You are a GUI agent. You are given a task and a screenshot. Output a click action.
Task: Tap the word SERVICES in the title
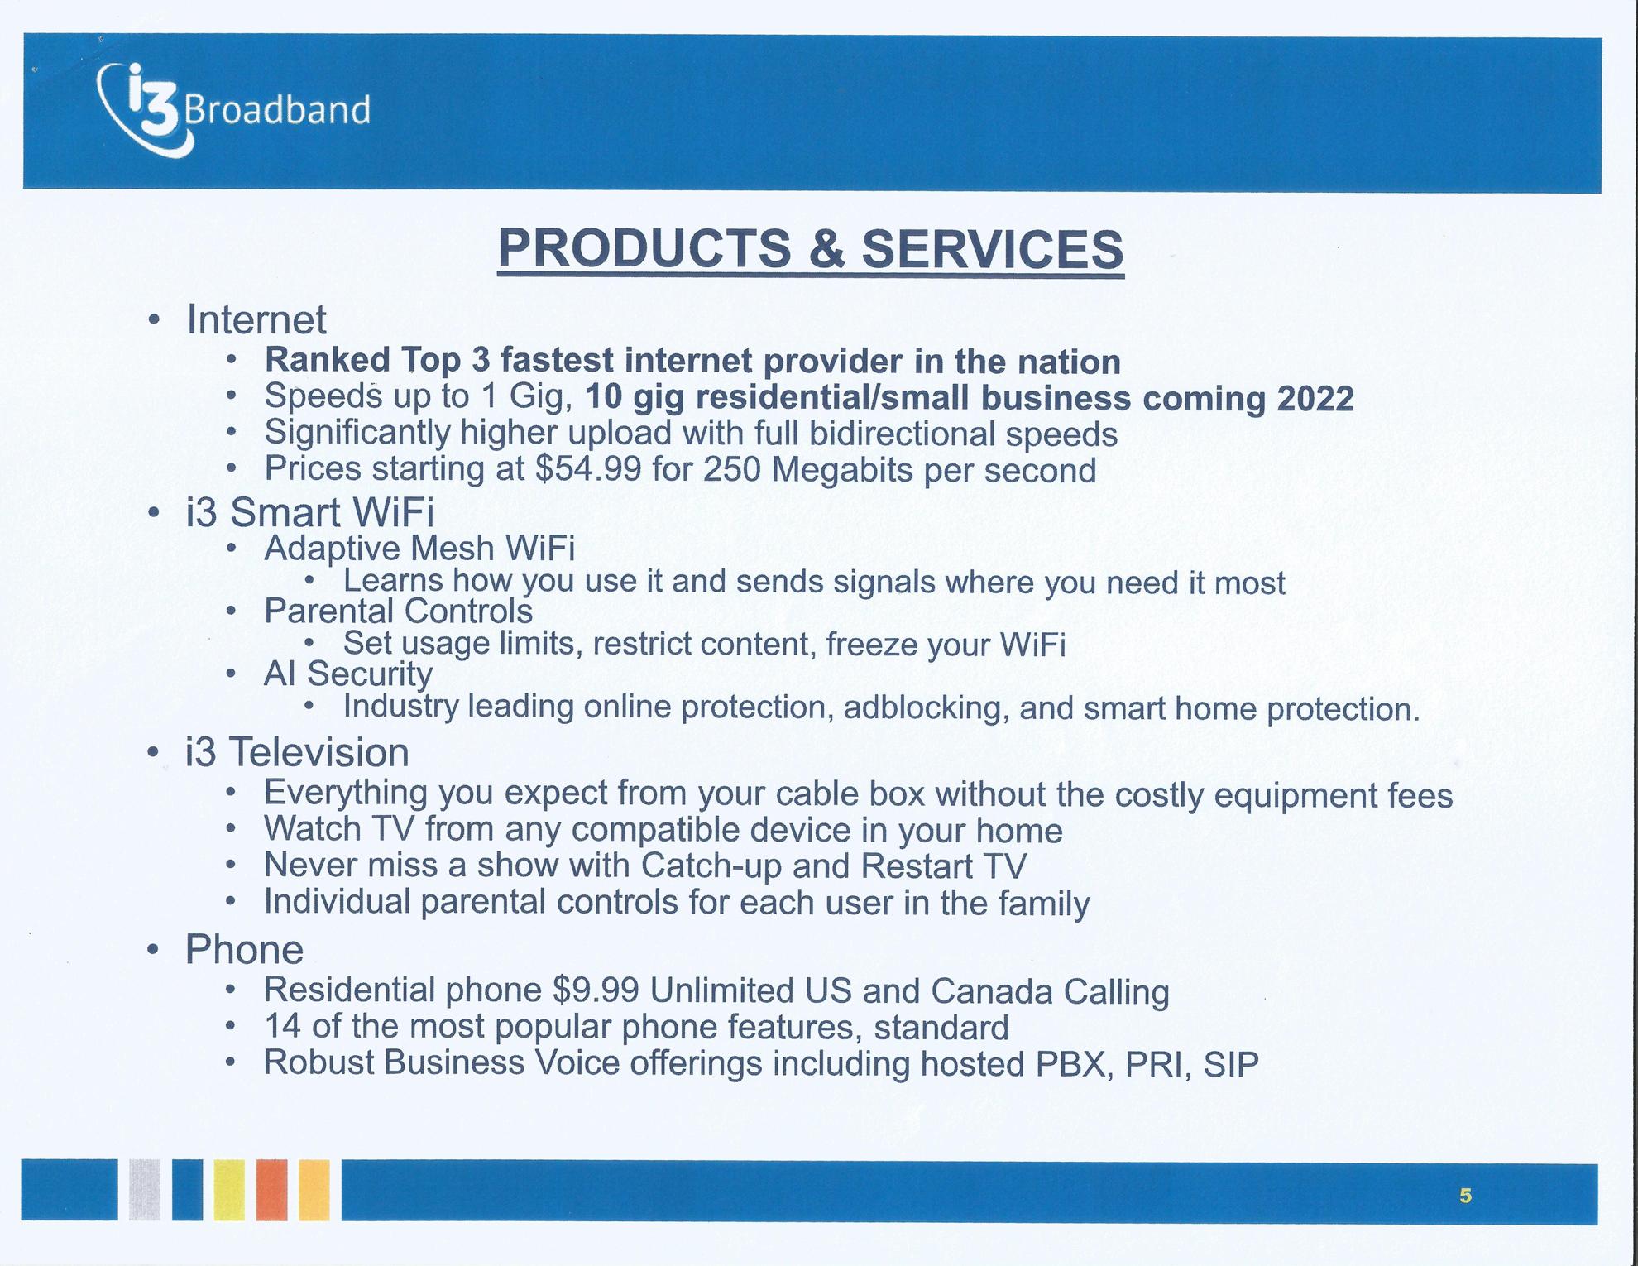pyautogui.click(x=993, y=248)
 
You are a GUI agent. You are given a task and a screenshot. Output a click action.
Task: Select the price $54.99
pyautogui.click(x=588, y=469)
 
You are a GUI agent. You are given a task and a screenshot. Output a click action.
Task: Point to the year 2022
pyautogui.click(x=1315, y=399)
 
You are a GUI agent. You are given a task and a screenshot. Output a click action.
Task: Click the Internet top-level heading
pyautogui.click(x=256, y=319)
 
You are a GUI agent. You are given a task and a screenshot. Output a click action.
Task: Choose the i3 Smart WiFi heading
pyautogui.click(x=310, y=511)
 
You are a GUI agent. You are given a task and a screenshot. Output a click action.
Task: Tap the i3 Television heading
pyautogui.click(x=298, y=752)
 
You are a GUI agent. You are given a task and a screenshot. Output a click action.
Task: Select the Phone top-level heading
pyautogui.click(x=244, y=949)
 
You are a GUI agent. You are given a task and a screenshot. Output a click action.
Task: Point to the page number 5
pyautogui.click(x=1465, y=1196)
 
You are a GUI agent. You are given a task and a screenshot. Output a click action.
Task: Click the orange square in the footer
pyautogui.click(x=271, y=1190)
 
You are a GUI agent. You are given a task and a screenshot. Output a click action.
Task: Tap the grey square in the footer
pyautogui.click(x=145, y=1190)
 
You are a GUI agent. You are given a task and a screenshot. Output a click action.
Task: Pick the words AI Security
pyautogui.click(x=347, y=674)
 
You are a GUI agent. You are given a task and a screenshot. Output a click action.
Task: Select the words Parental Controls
pyautogui.click(x=399, y=611)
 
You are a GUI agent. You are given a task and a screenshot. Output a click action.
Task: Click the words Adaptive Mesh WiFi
pyautogui.click(x=419, y=548)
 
